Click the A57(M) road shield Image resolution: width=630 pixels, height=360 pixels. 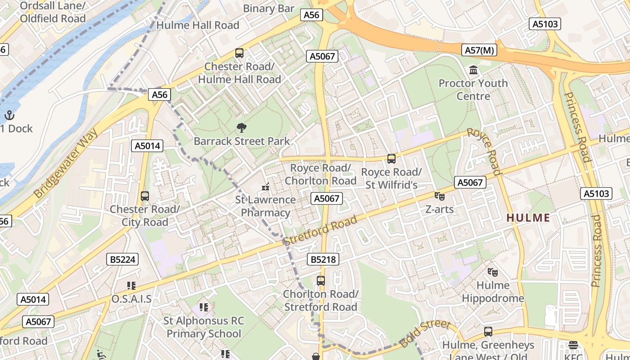[479, 50]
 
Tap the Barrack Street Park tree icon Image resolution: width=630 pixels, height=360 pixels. [242, 128]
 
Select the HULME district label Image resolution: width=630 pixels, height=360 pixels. [528, 218]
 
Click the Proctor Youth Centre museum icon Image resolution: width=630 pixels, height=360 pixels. [473, 70]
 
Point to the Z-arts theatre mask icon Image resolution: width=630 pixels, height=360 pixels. [439, 196]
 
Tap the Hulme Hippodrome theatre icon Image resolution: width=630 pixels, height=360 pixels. [493, 272]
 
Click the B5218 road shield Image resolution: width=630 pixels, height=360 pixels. [323, 259]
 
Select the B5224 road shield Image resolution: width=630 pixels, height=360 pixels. [122, 259]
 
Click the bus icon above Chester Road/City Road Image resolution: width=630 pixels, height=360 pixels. [144, 196]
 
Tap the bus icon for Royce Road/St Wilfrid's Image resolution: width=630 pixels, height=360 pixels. [391, 159]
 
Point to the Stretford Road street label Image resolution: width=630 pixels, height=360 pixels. [320, 231]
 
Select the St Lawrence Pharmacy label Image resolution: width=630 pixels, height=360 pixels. [265, 206]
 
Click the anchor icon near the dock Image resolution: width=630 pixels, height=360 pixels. [9, 115]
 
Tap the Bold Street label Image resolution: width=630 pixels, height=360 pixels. [424, 334]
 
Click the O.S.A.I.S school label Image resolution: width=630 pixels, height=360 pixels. [131, 299]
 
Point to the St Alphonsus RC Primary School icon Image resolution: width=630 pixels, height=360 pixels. [204, 307]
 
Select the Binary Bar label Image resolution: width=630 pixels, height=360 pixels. [269, 8]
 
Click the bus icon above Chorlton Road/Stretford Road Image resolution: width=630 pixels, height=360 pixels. [321, 281]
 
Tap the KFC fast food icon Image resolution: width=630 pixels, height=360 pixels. [573, 345]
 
